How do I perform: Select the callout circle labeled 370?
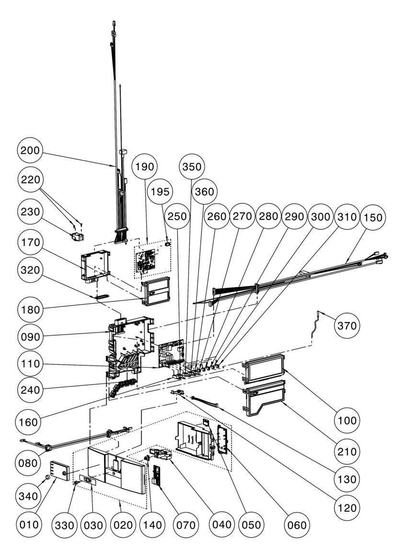346,325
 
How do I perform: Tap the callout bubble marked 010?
29,524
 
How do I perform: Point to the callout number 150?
373,217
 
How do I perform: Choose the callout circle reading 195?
161,192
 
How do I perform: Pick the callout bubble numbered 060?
297,525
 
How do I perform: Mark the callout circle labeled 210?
346,451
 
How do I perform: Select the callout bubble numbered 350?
192,166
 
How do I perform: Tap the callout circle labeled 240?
30,389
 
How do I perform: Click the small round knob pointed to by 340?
47,477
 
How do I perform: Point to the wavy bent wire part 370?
315,324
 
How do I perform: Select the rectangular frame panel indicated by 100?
264,371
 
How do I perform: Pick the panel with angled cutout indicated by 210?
264,397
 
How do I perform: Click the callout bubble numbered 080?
29,463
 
